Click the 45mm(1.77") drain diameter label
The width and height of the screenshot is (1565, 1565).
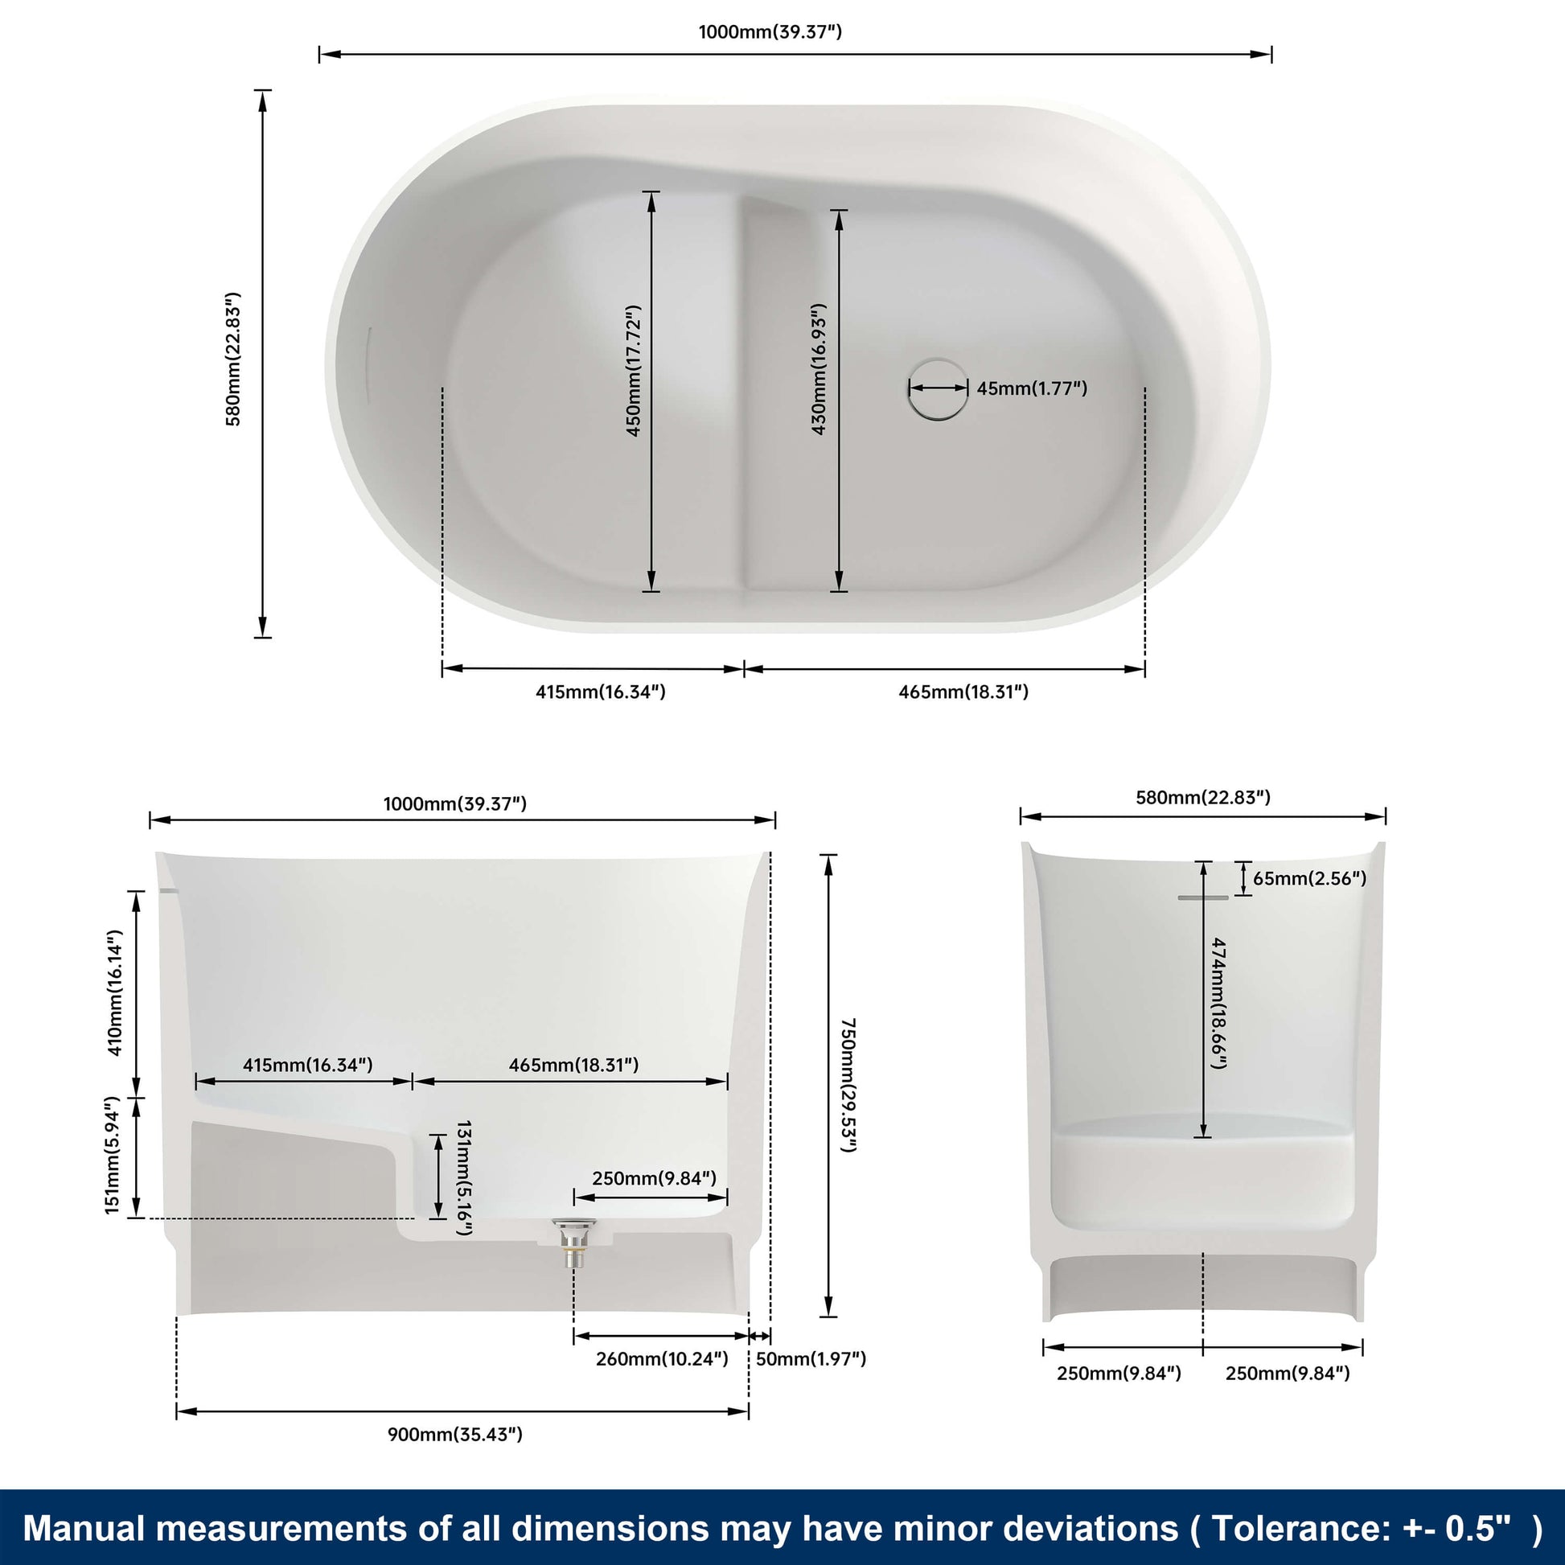pyautogui.click(x=1031, y=388)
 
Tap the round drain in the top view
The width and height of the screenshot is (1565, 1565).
pyautogui.click(x=938, y=388)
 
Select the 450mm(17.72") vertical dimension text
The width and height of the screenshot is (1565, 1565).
pyautogui.click(x=634, y=370)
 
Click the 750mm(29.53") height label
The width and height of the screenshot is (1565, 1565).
pyautogui.click(x=848, y=1086)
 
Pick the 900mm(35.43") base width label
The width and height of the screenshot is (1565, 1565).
pyautogui.click(x=454, y=1435)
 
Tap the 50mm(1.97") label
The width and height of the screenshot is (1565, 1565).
pyautogui.click(x=811, y=1358)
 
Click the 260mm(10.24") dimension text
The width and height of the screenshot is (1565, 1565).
pyautogui.click(x=662, y=1358)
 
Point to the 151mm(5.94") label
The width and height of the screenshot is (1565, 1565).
pyautogui.click(x=113, y=1155)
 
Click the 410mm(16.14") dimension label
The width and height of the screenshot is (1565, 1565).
pyautogui.click(x=114, y=992)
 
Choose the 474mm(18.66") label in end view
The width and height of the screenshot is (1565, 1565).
pyautogui.click(x=1218, y=1003)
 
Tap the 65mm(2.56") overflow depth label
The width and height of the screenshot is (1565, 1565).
pyautogui.click(x=1309, y=878)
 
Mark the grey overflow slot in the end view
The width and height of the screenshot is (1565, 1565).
pyautogui.click(x=1203, y=898)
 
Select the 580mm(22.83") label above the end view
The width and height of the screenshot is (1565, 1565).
pyautogui.click(x=1203, y=797)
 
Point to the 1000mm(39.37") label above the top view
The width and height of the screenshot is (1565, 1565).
pyautogui.click(x=770, y=31)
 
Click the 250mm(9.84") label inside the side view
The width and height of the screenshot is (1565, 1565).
pyautogui.click(x=654, y=1178)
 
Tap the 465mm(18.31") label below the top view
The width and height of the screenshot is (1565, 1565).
pyautogui.click(x=963, y=692)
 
